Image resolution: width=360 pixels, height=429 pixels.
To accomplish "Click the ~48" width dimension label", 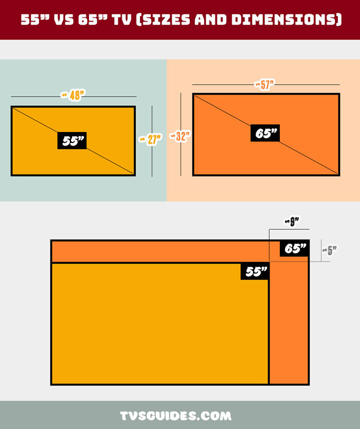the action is (73, 95).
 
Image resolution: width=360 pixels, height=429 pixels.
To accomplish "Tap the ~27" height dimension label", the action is (150, 139).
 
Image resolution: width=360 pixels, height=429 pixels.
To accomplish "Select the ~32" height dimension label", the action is (180, 136).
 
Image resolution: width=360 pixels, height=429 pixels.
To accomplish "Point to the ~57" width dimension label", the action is (264, 85).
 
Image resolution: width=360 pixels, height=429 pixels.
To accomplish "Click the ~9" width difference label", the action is (292, 221).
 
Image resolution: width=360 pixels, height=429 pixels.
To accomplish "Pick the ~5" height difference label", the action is (329, 250).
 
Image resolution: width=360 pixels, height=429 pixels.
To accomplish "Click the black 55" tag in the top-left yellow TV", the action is (72, 141).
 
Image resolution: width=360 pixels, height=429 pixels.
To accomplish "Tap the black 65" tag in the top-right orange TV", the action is (265, 133).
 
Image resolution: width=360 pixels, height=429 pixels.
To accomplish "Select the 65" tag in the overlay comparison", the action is (294, 249).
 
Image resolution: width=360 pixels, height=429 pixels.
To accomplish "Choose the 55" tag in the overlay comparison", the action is (255, 271).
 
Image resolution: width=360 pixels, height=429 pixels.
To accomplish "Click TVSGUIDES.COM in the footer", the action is (175, 416).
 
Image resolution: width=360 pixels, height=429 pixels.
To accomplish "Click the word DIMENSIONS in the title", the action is (286, 20).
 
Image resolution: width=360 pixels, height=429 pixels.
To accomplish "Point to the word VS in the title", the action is (64, 20).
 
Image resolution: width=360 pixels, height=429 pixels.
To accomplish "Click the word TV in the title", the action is (121, 20).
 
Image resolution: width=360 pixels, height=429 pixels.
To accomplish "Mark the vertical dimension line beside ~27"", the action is (152, 141).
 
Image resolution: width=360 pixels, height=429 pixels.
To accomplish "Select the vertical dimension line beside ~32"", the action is (181, 134).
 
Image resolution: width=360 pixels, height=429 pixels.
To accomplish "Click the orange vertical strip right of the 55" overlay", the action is (289, 323).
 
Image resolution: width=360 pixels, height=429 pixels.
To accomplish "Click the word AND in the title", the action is (211, 20).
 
